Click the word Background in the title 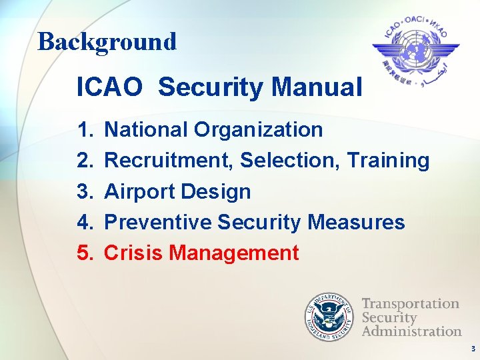107,41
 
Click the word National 147,129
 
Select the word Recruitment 169,160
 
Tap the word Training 389,160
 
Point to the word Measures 356,222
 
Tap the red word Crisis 134,253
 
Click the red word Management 234,253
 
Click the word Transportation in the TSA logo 411,303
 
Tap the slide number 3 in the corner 472,349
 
